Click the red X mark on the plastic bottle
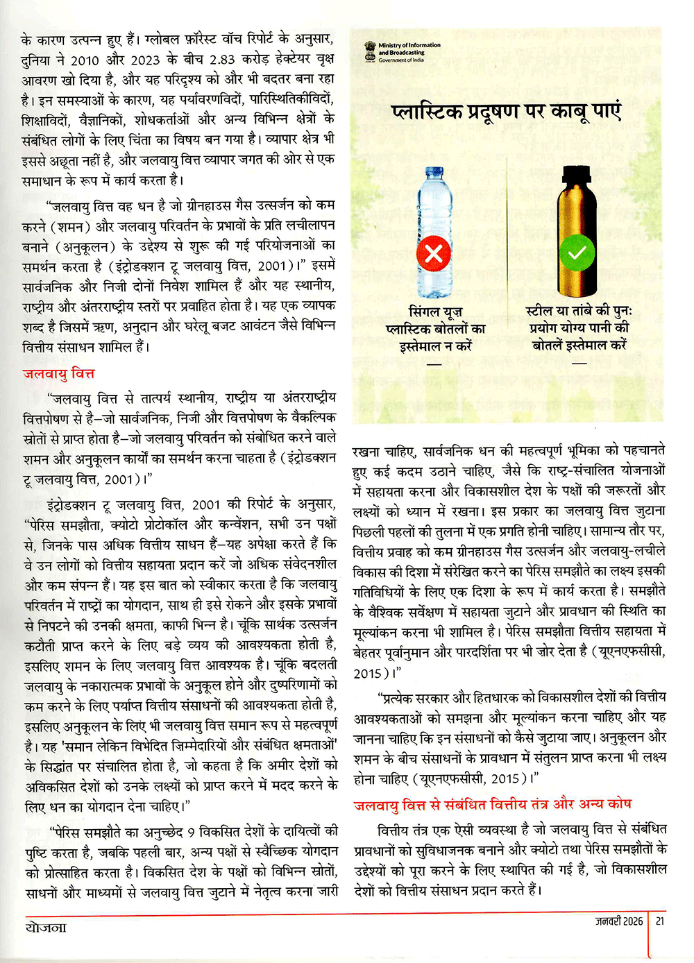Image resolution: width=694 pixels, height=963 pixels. coord(433,253)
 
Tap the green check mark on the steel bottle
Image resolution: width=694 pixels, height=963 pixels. coord(577,253)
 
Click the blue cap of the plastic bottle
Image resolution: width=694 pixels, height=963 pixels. coord(435,170)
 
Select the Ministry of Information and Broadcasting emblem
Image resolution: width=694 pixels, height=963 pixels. coord(371,52)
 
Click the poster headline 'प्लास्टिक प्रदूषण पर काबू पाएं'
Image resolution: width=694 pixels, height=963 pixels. coord(506,111)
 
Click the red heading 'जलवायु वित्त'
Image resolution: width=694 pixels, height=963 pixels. coord(58,373)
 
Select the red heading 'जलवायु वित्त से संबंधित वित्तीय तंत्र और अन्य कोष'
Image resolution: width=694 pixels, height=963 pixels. coord(493,803)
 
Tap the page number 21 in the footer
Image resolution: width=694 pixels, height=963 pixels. coord(660,921)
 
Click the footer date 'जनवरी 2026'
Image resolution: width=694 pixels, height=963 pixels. coord(619,921)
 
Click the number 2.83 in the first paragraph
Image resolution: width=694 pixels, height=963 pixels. coord(223,60)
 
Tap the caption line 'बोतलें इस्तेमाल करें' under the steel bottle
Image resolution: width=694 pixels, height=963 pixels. coord(579,345)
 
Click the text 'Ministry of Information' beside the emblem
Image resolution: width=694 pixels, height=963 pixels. coord(409,45)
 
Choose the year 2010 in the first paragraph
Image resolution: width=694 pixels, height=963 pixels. coord(84,60)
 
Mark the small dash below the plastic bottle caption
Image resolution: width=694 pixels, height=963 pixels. coord(434,364)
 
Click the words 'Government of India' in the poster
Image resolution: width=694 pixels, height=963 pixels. coord(401,60)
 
